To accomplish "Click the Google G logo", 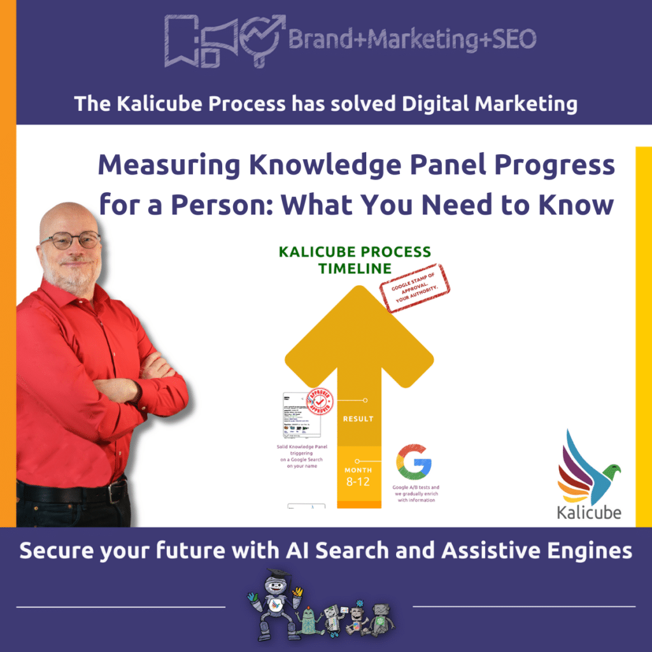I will [414, 462].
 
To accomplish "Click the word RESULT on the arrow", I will [358, 419].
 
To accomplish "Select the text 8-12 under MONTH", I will [358, 482].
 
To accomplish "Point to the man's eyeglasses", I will [71, 240].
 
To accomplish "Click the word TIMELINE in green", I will [355, 268].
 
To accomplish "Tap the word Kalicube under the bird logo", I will [589, 512].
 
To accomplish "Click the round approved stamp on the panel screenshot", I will [320, 401].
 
